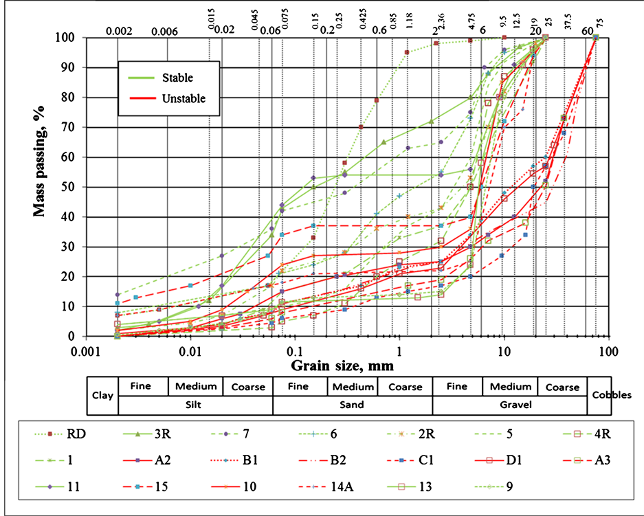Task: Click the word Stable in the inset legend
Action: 177,78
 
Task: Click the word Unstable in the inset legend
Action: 184,98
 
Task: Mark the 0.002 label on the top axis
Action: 118,30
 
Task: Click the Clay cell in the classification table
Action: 102,396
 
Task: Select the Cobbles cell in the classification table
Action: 610,396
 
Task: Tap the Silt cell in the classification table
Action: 195,405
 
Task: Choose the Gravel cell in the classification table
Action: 509,405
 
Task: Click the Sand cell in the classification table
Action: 352,405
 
